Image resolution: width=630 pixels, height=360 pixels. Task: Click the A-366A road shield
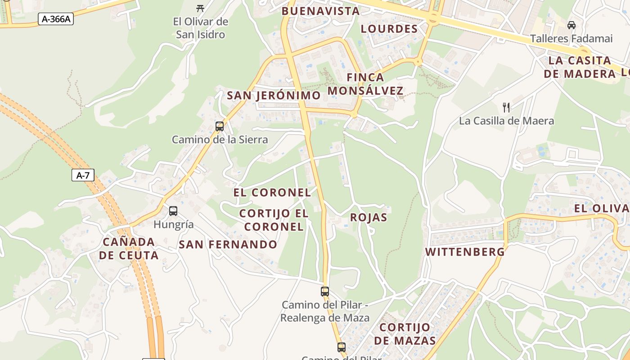point(56,19)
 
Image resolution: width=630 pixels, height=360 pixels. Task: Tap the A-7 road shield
point(83,175)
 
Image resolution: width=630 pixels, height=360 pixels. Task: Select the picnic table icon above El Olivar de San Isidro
point(201,8)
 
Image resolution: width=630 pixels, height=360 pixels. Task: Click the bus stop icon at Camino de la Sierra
point(220,126)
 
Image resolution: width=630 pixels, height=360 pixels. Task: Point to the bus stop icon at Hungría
point(173,211)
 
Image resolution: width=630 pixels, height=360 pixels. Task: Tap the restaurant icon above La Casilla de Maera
point(506,107)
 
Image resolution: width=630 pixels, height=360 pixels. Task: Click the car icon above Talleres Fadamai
point(571,25)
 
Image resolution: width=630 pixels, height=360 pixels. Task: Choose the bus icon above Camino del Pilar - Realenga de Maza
point(325,291)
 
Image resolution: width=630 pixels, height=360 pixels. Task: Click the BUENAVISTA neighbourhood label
point(320,11)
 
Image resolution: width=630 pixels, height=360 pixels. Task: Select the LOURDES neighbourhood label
point(390,29)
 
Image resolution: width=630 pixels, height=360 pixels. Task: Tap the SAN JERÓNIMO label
point(274,95)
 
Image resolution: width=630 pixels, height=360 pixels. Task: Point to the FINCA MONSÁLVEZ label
point(365,84)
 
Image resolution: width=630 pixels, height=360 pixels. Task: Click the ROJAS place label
point(369,217)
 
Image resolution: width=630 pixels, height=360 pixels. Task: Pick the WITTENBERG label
point(465,252)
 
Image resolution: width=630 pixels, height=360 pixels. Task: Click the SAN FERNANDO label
point(228,244)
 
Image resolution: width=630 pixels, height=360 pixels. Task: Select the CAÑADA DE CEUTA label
point(129,248)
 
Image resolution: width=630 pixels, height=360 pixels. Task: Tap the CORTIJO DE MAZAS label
point(405,333)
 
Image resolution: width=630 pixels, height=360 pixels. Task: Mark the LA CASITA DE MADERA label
point(580,67)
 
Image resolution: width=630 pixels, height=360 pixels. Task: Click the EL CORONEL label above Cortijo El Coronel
point(272,193)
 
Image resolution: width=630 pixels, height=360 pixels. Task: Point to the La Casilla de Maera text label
point(506,121)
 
